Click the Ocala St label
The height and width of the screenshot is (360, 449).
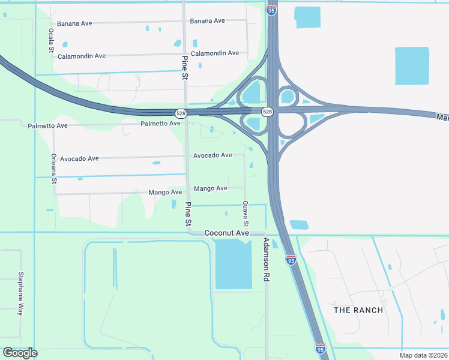(51, 41)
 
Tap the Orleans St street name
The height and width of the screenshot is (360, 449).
(53, 167)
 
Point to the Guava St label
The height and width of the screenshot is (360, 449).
(246, 214)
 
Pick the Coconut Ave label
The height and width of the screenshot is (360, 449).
(226, 233)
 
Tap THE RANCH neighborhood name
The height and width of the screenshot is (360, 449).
(357, 310)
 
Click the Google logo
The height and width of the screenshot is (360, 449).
(20, 353)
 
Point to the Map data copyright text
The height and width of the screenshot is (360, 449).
(423, 355)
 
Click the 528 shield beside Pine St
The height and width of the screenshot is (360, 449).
(181, 113)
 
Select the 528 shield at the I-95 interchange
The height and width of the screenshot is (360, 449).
(268, 112)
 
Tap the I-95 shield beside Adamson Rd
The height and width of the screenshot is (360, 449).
(291, 260)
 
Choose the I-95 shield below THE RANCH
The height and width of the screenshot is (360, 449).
(321, 348)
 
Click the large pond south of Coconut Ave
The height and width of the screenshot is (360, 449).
(233, 263)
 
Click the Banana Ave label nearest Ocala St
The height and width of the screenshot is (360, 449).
(74, 23)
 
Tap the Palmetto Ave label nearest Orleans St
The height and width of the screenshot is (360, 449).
(48, 126)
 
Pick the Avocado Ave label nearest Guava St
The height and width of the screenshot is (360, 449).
(212, 155)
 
